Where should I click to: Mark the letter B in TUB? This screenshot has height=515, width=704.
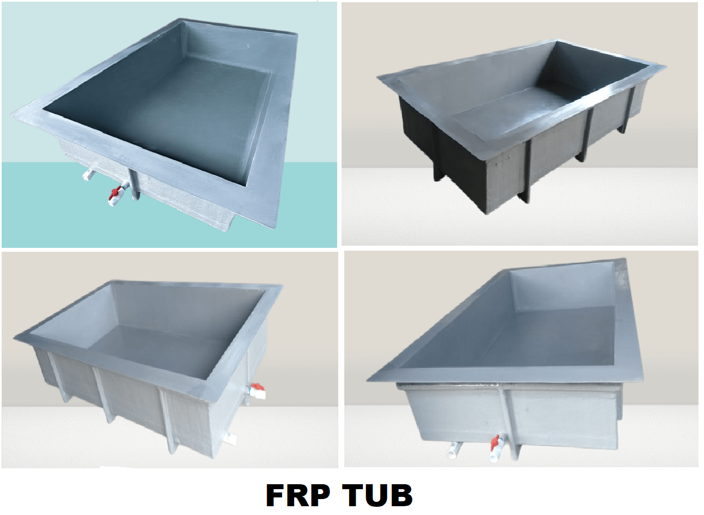402,496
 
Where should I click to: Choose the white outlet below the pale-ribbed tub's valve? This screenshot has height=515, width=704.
230,438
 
